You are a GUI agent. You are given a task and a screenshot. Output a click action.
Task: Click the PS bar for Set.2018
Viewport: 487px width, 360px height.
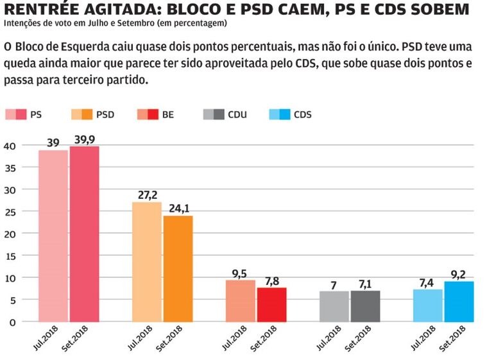pos(84,234)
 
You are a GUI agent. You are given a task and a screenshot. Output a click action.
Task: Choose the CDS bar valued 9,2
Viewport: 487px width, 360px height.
pos(459,301)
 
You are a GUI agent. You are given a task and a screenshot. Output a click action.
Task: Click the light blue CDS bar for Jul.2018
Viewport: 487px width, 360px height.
pos(427,305)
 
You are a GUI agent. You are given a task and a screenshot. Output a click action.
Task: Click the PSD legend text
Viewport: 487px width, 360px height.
pos(105,115)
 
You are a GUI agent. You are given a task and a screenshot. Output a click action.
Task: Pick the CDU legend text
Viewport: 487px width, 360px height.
pos(237,115)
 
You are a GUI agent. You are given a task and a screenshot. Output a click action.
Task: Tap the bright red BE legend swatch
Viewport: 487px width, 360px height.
pos(153,115)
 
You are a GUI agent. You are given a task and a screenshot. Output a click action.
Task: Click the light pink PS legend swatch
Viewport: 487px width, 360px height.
pos(11,115)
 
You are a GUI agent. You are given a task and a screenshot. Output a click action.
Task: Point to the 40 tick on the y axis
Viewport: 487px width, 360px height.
pos(10,146)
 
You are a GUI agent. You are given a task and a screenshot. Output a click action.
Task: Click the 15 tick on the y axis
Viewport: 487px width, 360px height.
pos(11,255)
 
